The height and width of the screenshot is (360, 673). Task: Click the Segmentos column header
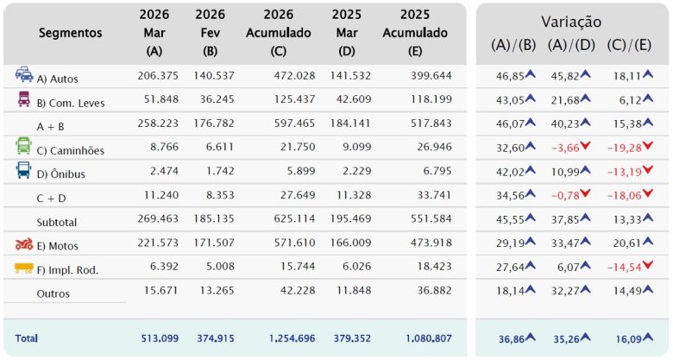click(x=71, y=33)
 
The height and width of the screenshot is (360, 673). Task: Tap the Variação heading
click(x=571, y=22)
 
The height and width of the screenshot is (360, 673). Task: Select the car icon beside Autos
click(x=24, y=75)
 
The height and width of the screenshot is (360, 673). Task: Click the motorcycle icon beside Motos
click(x=24, y=244)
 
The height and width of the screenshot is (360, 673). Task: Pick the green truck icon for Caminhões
click(x=24, y=147)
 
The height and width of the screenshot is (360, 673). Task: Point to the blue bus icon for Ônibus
click(x=24, y=171)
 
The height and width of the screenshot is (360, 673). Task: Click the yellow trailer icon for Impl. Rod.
click(x=24, y=268)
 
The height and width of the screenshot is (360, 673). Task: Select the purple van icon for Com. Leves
click(x=24, y=99)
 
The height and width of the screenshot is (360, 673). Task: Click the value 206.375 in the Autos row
click(x=158, y=77)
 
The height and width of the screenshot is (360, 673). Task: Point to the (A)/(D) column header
click(x=571, y=45)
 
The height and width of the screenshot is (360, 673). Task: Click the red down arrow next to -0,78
click(x=586, y=194)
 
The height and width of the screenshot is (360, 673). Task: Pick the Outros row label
click(x=53, y=294)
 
